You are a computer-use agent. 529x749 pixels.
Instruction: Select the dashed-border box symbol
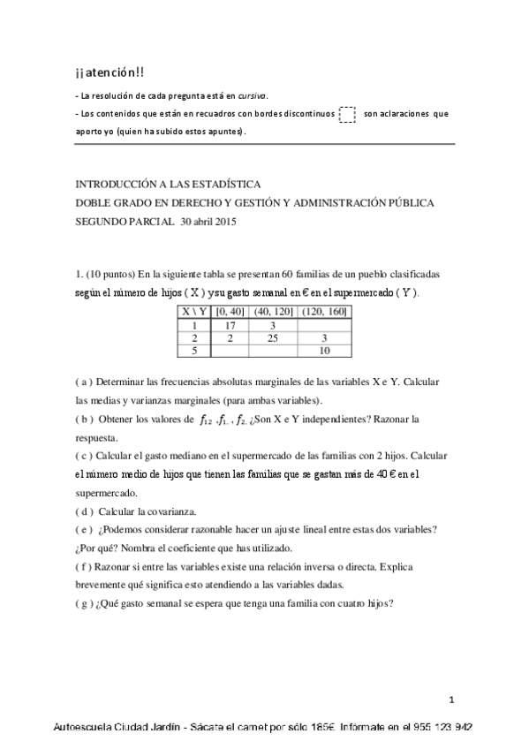pos(347,114)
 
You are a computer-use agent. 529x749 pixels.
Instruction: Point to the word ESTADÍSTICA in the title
pos(225,185)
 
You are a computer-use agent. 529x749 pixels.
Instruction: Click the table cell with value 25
pos(273,337)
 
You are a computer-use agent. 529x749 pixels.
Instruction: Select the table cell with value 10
pos(325,351)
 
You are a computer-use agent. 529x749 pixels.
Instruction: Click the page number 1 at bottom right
pos(450,700)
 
